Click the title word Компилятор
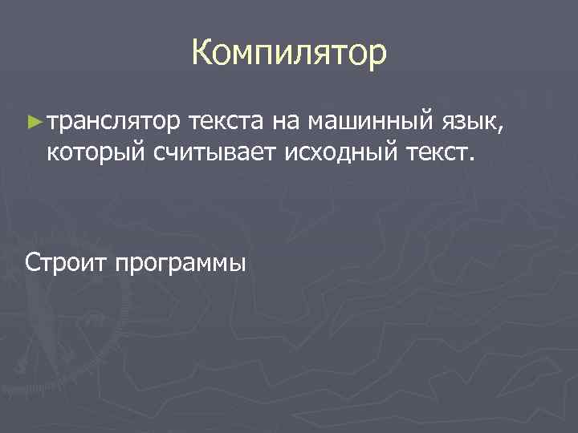coord(289,53)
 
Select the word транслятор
coord(114,123)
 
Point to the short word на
coord(286,123)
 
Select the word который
coord(94,151)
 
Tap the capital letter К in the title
coord(202,53)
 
